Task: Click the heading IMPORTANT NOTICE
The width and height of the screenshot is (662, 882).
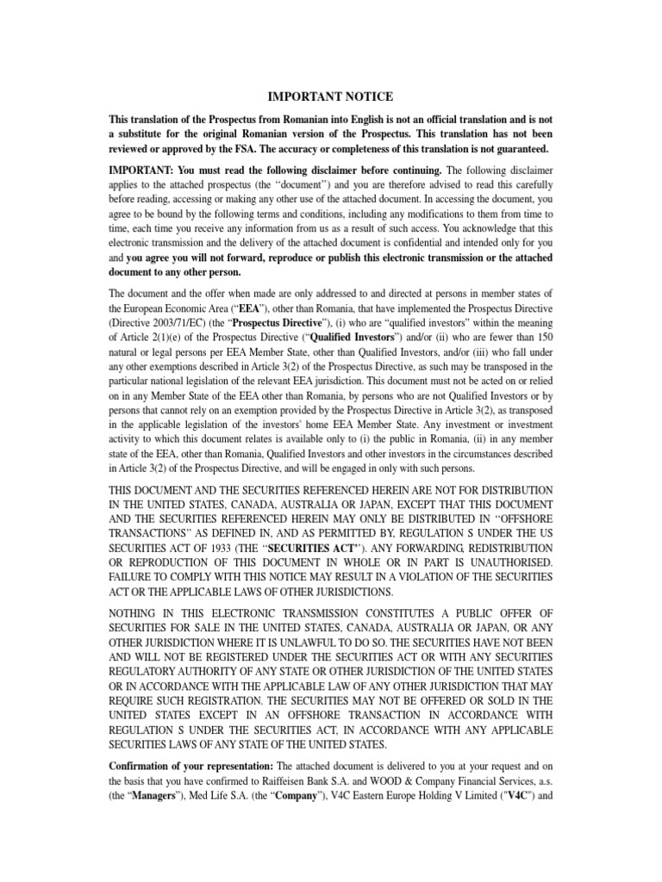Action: [331, 96]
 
